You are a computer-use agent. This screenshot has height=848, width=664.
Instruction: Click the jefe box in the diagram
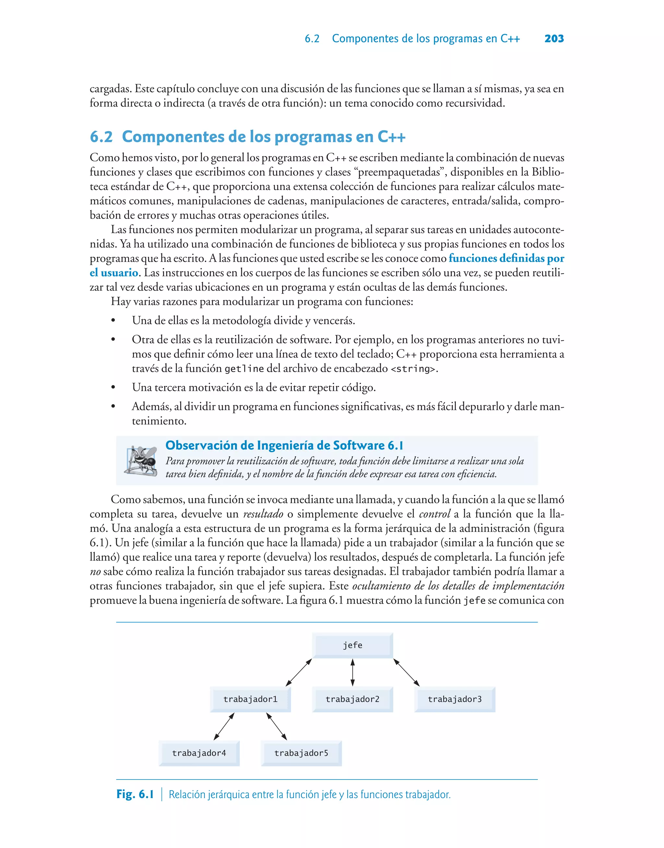[353, 645]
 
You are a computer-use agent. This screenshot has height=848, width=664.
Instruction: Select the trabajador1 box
[250, 699]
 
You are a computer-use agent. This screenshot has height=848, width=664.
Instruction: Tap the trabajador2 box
[353, 699]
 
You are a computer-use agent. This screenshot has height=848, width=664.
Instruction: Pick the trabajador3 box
[455, 699]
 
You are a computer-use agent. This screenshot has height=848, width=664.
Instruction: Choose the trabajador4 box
[199, 753]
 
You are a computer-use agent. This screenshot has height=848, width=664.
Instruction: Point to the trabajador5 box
[301, 753]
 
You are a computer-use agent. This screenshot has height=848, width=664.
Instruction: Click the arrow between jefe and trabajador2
[353, 672]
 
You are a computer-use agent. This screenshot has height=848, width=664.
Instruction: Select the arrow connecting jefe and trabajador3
[406, 672]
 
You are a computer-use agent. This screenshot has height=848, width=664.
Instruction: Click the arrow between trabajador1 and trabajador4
[224, 726]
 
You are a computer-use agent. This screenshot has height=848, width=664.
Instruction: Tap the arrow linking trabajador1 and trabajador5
[277, 726]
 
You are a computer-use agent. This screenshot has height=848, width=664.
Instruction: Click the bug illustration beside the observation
[141, 461]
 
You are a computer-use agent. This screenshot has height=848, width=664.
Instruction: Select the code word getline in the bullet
[244, 368]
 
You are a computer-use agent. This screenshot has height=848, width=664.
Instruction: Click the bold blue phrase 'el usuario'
[114, 272]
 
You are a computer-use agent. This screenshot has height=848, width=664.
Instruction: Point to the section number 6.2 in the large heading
[101, 137]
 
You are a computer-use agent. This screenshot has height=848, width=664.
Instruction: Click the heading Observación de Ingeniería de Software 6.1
[284, 445]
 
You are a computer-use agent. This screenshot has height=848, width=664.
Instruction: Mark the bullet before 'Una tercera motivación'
[113, 388]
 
